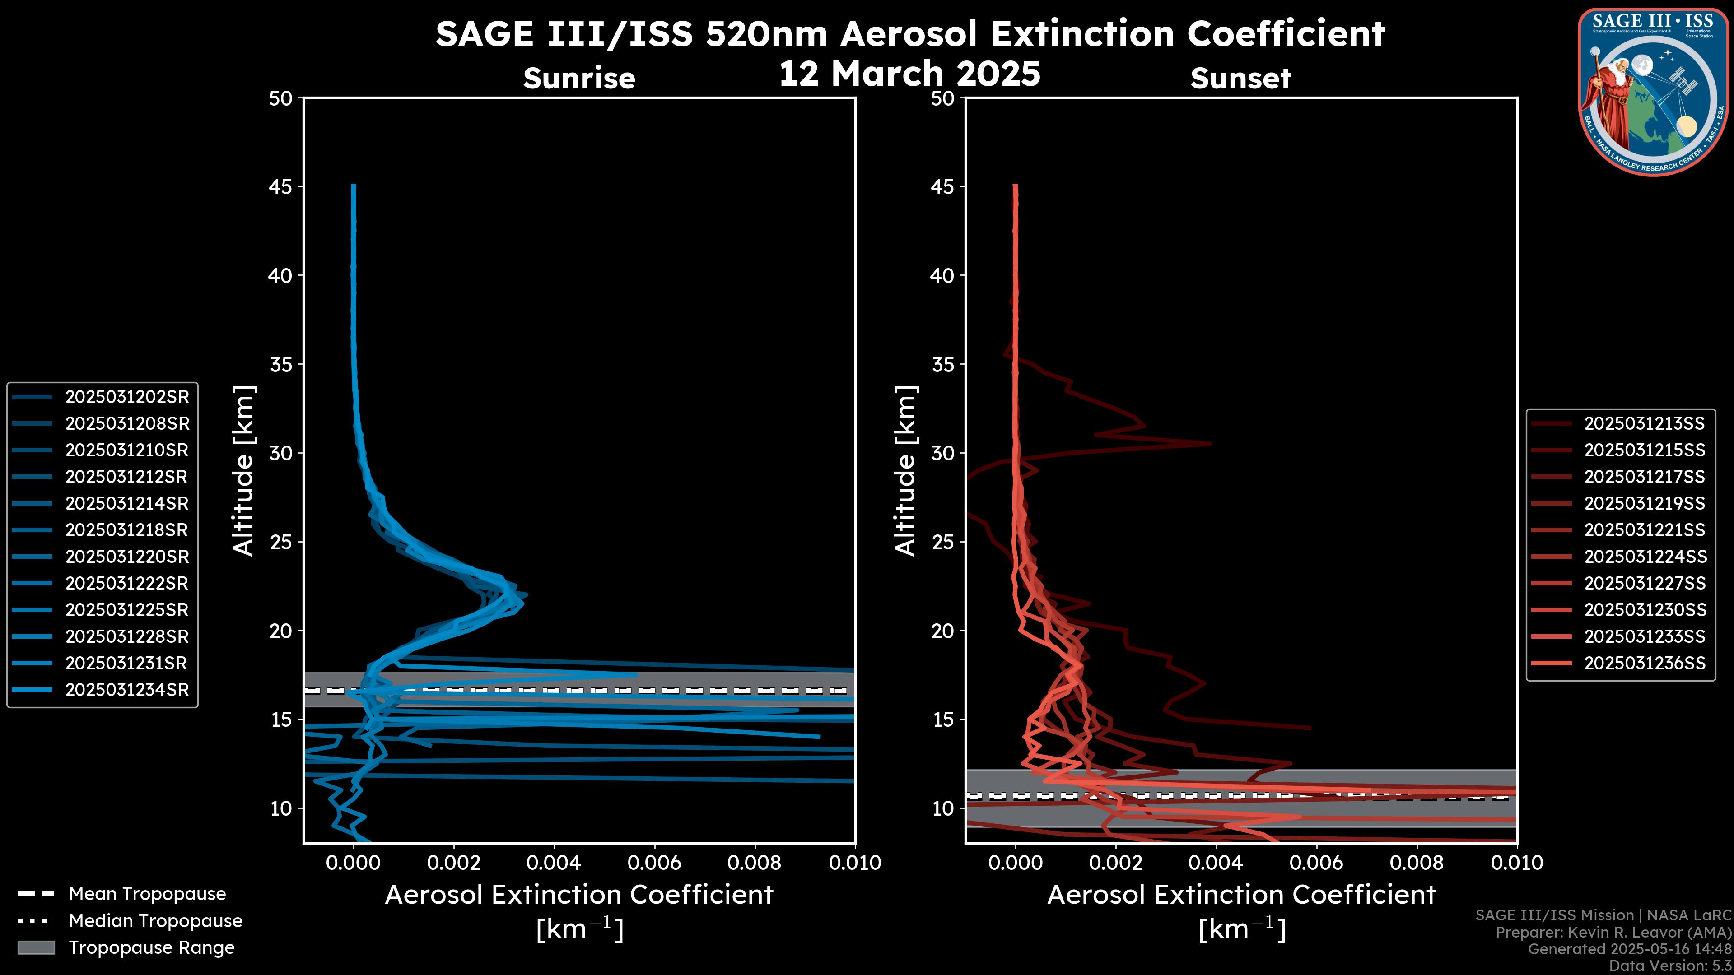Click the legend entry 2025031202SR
[126, 397]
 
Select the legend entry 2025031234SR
[126, 690]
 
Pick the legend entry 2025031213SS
[1644, 423]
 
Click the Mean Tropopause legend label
[147, 894]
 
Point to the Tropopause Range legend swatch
[36, 947]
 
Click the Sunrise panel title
[579, 78]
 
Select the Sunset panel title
[1240, 78]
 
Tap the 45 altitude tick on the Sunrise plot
[281, 187]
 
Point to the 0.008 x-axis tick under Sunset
[1417, 863]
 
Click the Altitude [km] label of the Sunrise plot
[243, 471]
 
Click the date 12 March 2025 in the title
[909, 73]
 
